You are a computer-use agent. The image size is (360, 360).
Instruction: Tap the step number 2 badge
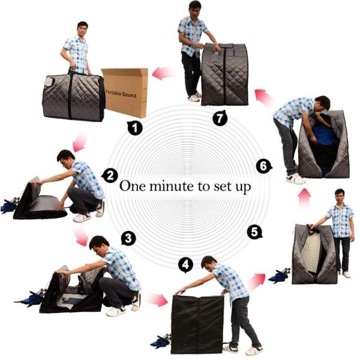[110, 175]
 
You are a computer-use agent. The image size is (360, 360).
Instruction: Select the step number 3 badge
[127, 238]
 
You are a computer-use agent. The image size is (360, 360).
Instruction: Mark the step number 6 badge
[262, 165]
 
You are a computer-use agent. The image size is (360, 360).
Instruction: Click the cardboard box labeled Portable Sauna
[125, 92]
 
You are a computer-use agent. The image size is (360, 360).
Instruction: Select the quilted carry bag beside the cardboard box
[73, 97]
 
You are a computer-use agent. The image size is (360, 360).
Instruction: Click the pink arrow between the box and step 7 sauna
[164, 73]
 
